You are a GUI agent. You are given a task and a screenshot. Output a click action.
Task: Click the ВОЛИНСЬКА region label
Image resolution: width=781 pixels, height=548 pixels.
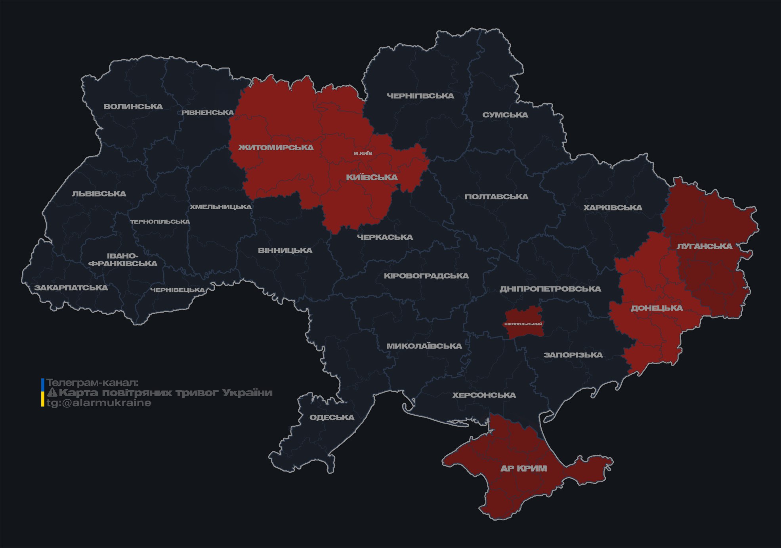pyautogui.click(x=133, y=107)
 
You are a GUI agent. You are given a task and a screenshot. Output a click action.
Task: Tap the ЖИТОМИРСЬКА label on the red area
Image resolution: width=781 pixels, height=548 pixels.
pyautogui.click(x=276, y=147)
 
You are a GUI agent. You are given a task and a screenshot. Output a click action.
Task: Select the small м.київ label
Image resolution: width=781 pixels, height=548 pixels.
pyautogui.click(x=363, y=153)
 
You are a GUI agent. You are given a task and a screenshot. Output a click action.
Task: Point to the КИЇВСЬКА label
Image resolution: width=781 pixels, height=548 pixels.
pyautogui.click(x=372, y=178)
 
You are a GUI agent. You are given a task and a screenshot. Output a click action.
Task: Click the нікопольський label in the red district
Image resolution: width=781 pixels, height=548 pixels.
pyautogui.click(x=523, y=324)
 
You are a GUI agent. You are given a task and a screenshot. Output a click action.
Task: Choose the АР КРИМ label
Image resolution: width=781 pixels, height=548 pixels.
pyautogui.click(x=523, y=468)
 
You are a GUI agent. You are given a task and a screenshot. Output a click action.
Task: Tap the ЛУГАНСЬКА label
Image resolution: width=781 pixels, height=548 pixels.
pyautogui.click(x=704, y=246)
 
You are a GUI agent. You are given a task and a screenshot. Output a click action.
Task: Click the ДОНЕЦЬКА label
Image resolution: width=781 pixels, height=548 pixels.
pyautogui.click(x=657, y=308)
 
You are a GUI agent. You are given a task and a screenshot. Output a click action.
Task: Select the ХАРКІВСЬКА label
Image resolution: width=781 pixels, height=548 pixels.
pyautogui.click(x=613, y=208)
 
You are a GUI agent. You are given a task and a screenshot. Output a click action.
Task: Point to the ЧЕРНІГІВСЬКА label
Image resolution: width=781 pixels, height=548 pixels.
pyautogui.click(x=420, y=96)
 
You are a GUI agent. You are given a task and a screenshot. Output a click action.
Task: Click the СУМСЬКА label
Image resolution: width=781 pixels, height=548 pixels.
pyautogui.click(x=505, y=115)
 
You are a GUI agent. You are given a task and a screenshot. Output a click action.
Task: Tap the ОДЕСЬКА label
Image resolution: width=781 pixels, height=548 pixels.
pyautogui.click(x=332, y=417)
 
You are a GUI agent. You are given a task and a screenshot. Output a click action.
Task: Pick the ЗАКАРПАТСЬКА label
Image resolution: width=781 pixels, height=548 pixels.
pyautogui.click(x=71, y=288)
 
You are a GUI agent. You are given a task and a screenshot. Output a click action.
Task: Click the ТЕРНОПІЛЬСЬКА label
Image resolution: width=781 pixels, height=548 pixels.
pyautogui.click(x=160, y=222)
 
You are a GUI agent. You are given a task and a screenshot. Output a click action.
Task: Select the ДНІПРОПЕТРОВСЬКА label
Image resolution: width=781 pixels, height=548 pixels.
pyautogui.click(x=550, y=289)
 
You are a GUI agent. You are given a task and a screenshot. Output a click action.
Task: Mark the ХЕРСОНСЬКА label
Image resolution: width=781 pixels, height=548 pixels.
pyautogui.click(x=484, y=395)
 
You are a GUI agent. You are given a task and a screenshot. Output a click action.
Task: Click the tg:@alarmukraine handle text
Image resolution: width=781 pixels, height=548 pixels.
pyautogui.click(x=99, y=403)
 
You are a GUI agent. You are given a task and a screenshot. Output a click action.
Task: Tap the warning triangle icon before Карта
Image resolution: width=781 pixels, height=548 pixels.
pyautogui.click(x=52, y=393)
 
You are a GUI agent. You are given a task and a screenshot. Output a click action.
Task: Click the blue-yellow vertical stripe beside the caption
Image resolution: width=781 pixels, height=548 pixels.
pyautogui.click(x=43, y=393)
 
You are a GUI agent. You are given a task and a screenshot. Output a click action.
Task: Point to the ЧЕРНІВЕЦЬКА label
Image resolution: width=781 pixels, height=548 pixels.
pyautogui.click(x=178, y=290)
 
